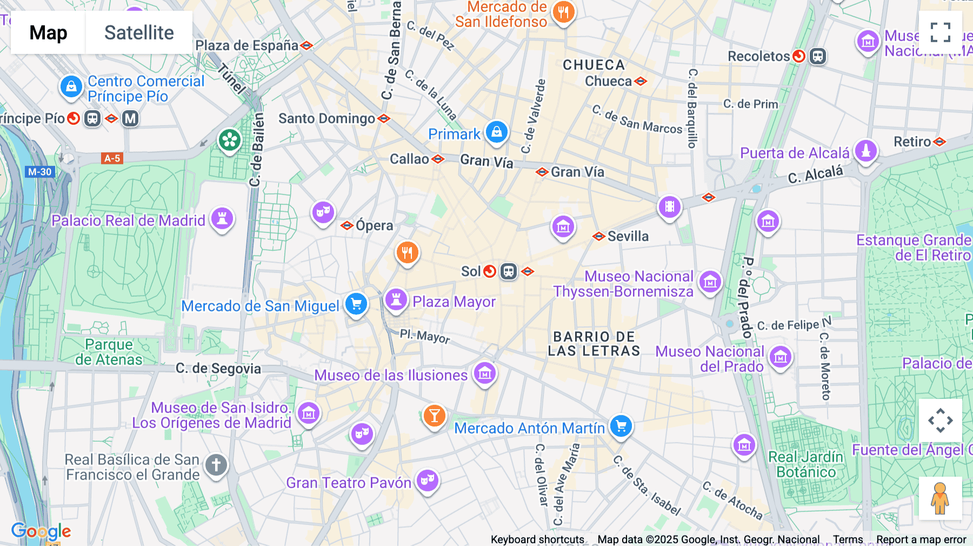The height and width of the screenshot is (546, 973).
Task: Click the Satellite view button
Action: tap(139, 32)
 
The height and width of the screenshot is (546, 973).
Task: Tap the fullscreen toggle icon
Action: tap(940, 32)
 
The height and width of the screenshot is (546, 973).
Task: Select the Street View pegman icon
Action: tap(940, 498)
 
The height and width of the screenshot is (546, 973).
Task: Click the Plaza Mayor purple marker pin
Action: tap(396, 299)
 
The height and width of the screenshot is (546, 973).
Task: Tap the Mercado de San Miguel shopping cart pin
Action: tap(356, 304)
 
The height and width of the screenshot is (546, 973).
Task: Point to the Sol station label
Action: tap(470, 271)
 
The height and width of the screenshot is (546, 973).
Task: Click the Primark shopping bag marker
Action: tap(496, 132)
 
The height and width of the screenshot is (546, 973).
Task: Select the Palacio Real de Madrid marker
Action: tap(222, 219)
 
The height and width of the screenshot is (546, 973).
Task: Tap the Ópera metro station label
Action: tap(374, 225)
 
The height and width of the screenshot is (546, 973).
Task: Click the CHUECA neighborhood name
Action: tap(594, 65)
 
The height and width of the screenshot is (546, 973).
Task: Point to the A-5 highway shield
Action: tap(112, 158)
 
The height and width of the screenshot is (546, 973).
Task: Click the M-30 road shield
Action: tap(39, 172)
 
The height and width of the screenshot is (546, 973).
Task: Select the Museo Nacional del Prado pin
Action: tap(780, 357)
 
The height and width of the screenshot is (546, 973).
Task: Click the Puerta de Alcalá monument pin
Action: tap(865, 151)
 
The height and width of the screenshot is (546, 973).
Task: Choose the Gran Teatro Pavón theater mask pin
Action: tap(427, 480)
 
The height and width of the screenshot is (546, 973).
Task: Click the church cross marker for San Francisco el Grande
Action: tap(216, 465)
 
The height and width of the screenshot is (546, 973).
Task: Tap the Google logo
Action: tap(41, 531)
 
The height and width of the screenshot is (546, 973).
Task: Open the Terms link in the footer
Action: tap(848, 540)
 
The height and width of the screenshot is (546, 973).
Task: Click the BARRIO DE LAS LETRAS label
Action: tap(594, 344)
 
